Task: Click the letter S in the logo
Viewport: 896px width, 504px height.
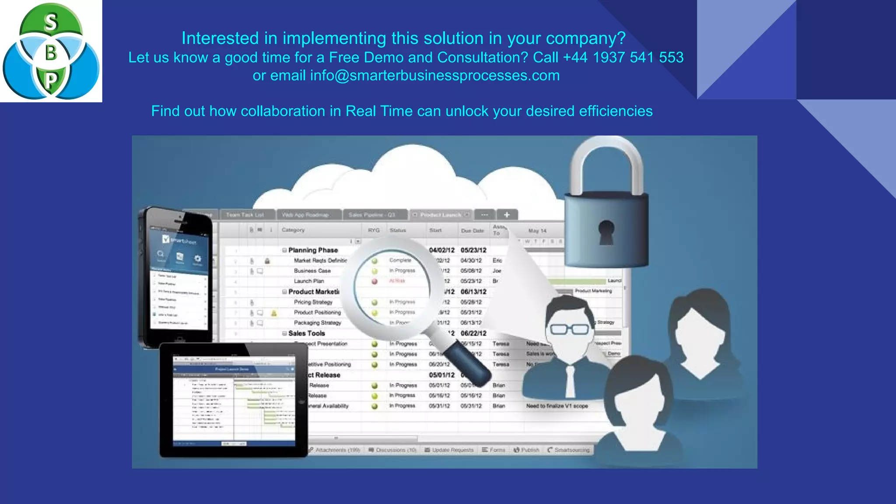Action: point(51,22)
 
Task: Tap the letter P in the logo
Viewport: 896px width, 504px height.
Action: point(51,80)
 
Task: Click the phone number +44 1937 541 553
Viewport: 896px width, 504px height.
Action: point(623,57)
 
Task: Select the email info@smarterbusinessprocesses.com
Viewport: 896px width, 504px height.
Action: point(434,76)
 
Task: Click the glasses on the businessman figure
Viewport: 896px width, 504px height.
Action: point(569,329)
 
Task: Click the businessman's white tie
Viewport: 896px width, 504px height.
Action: point(570,381)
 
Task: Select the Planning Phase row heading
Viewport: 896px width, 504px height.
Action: point(312,250)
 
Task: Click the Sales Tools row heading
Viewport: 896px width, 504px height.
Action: point(306,333)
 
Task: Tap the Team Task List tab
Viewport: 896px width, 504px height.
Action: point(245,215)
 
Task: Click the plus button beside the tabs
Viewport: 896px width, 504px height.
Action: point(507,215)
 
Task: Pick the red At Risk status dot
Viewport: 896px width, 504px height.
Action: point(374,281)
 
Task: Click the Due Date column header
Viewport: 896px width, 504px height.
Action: point(472,231)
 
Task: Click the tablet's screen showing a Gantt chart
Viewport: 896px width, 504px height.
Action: point(234,401)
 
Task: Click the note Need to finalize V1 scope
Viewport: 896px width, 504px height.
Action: point(556,406)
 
